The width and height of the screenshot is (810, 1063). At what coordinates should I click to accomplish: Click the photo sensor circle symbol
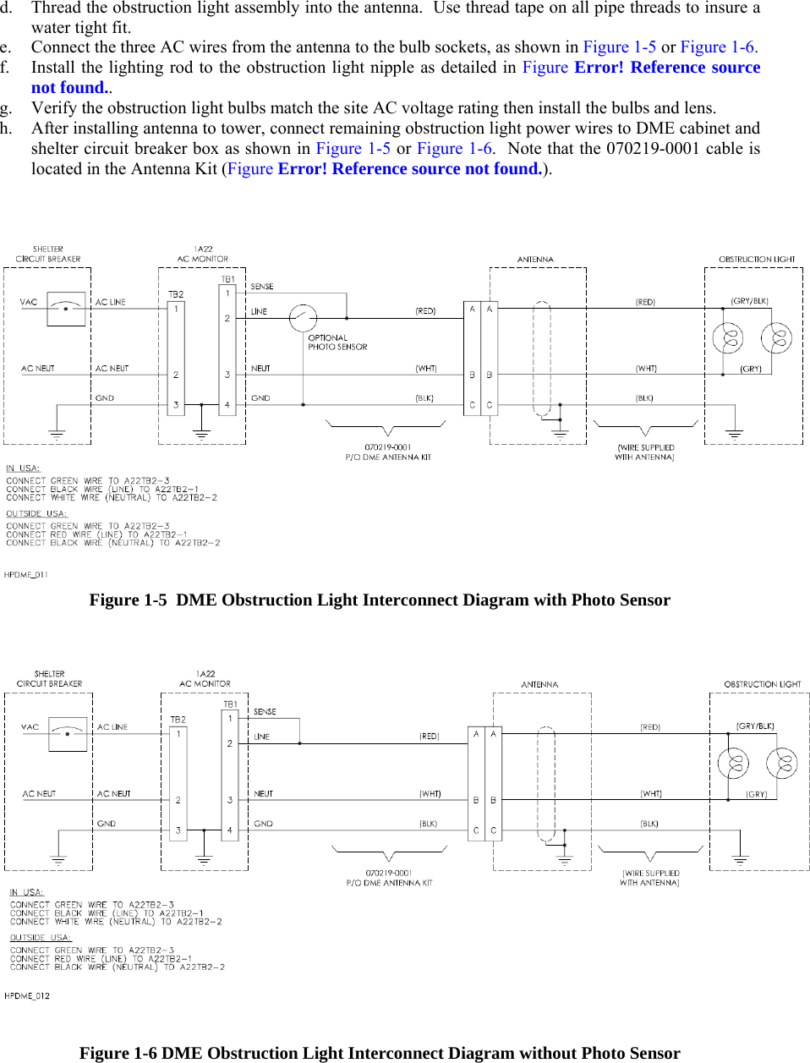pyautogui.click(x=303, y=318)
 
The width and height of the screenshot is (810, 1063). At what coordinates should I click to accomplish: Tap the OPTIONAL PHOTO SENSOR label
pyautogui.click(x=337, y=342)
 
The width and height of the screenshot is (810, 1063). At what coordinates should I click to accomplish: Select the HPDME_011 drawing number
pyautogui.click(x=26, y=575)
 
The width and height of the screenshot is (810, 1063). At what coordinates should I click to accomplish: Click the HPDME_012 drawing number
pyautogui.click(x=27, y=996)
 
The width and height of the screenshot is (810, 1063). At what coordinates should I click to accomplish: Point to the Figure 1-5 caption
pyautogui.click(x=380, y=600)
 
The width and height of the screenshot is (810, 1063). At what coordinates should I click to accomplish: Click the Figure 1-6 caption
pyautogui.click(x=380, y=1053)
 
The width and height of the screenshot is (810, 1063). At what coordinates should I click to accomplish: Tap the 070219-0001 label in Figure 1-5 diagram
pyautogui.click(x=388, y=447)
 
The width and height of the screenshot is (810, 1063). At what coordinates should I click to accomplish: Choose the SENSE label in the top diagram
pyautogui.click(x=262, y=287)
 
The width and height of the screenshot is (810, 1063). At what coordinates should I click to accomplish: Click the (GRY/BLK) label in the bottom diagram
pyautogui.click(x=755, y=726)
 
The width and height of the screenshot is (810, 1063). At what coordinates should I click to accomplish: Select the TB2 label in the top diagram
pyautogui.click(x=176, y=294)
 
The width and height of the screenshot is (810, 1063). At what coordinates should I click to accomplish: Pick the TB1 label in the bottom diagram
pyautogui.click(x=230, y=704)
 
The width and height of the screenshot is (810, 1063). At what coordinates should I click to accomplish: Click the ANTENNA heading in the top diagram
pyautogui.click(x=535, y=260)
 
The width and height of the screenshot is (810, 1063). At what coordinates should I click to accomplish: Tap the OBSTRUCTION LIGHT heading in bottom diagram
pyautogui.click(x=762, y=684)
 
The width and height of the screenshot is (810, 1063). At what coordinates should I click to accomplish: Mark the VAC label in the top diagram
pyautogui.click(x=29, y=302)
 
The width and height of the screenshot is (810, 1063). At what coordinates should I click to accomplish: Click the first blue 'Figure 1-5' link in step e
pyautogui.click(x=619, y=47)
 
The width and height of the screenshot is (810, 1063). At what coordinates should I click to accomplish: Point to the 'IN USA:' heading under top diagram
pyautogui.click(x=23, y=468)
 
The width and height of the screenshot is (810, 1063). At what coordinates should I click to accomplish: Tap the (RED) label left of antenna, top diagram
pyautogui.click(x=425, y=311)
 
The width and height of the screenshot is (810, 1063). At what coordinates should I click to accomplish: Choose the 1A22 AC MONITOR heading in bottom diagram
pyautogui.click(x=205, y=679)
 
